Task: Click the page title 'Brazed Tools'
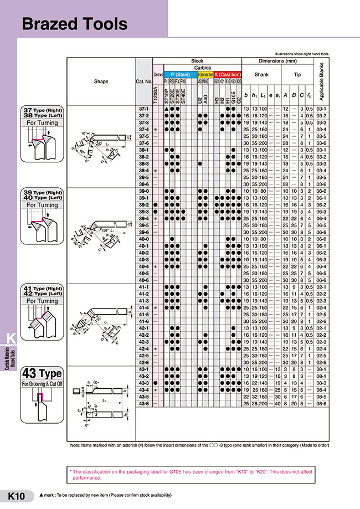tap(74, 24)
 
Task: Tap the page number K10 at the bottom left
tap(16, 496)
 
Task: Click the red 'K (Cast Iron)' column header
tap(228, 74)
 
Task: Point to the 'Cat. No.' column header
tap(143, 81)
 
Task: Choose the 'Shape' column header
tap(101, 81)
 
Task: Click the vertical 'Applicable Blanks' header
tap(323, 80)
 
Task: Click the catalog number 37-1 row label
tap(143, 109)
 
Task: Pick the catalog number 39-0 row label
tap(143, 191)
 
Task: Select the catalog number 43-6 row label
tap(143, 403)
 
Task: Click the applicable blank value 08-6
tap(323, 403)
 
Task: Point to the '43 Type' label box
tap(43, 373)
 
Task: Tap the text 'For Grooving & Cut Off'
tap(43, 383)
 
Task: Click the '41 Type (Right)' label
tap(43, 289)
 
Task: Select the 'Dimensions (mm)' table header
tap(278, 60)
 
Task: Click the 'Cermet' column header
tap(157, 74)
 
